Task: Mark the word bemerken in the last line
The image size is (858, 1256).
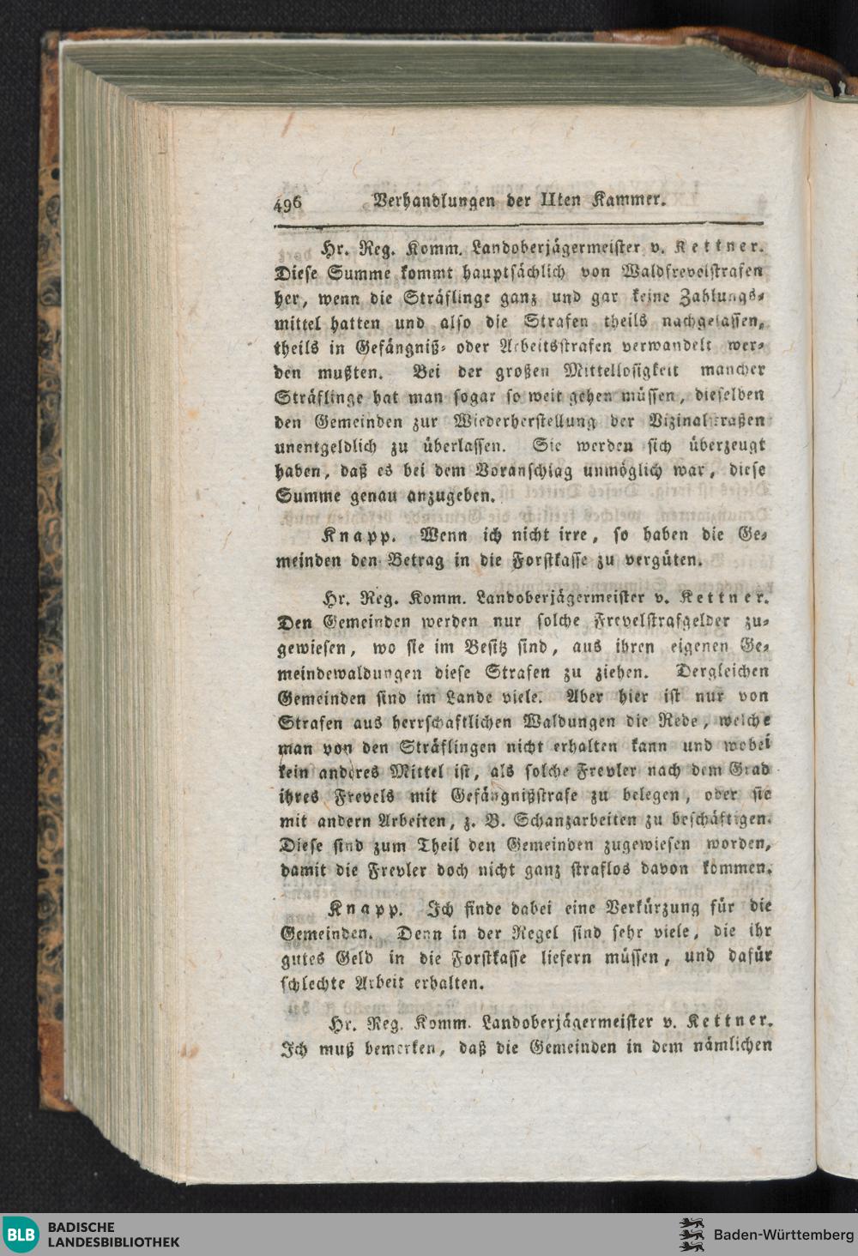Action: click(390, 1048)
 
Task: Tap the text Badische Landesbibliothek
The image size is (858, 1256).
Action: click(113, 1235)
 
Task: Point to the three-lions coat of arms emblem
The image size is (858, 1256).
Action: click(692, 1235)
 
